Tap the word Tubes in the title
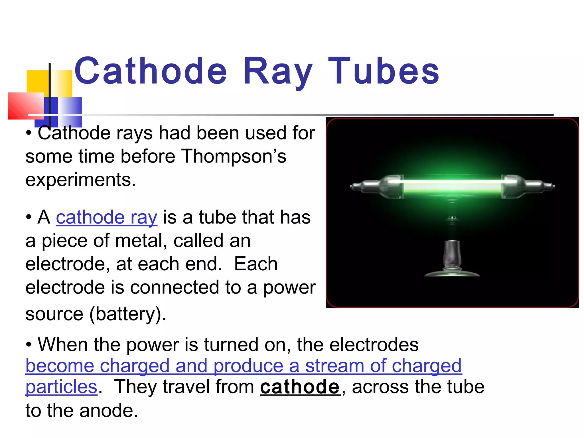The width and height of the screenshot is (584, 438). tap(384, 71)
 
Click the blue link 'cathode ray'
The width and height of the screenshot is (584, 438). tap(106, 218)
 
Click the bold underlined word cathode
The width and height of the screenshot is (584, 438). tap(300, 387)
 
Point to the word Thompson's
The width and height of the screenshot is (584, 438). tap(234, 157)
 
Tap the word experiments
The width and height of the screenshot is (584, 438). tap(81, 180)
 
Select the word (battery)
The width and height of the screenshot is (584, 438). tap(128, 314)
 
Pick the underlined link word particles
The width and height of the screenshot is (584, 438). tap(62, 387)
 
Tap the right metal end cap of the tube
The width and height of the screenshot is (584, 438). tap(528, 186)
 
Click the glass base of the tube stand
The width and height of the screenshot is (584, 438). tap(452, 272)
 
